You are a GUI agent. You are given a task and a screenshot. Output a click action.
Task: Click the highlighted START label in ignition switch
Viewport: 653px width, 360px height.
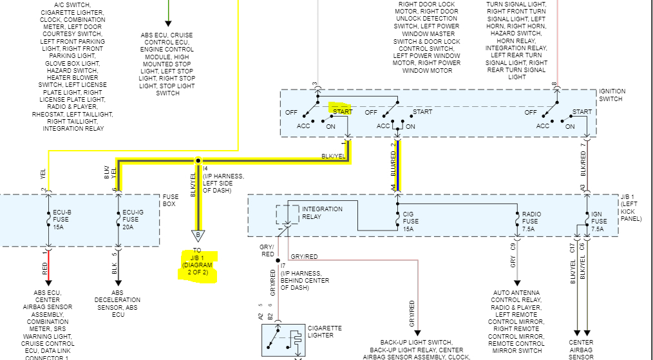341,111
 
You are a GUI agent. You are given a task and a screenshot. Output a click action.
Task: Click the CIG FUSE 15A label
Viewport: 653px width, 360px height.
410,221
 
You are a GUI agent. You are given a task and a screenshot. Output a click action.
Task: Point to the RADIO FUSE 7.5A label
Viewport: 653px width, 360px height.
532,221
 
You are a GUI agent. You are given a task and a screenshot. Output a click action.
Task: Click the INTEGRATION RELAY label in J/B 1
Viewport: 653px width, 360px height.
322,213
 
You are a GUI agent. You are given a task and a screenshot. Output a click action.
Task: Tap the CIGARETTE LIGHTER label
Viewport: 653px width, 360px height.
324,332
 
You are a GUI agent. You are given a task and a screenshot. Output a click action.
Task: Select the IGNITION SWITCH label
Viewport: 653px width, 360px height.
612,95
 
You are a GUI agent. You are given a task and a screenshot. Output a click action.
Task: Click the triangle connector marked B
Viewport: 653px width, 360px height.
197,235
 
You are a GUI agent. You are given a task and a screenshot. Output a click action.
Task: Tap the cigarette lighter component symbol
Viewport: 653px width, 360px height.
284,340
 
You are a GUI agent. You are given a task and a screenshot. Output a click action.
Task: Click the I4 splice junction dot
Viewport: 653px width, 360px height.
198,160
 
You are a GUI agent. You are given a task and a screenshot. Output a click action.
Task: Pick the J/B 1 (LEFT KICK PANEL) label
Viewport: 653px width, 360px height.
630,207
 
